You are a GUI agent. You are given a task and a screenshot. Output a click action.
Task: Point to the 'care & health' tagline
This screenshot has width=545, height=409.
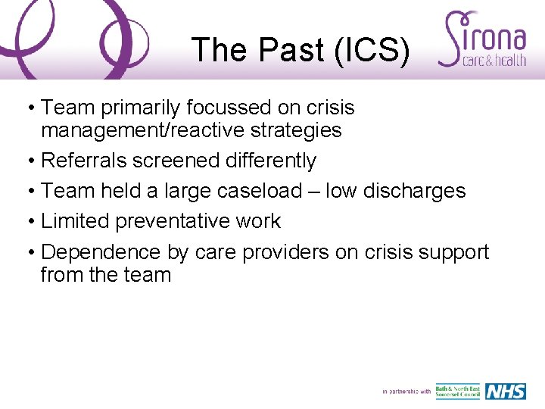point(494,61)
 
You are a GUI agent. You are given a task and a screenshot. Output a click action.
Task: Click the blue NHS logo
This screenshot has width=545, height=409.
point(505,391)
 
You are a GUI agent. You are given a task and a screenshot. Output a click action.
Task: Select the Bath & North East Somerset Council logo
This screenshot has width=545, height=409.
point(458,391)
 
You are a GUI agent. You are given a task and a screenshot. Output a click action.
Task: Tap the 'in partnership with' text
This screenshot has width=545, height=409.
point(406,392)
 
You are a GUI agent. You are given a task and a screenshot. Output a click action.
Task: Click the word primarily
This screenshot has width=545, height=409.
point(141,108)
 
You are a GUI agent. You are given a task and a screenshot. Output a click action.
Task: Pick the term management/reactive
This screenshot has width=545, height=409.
point(135,130)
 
